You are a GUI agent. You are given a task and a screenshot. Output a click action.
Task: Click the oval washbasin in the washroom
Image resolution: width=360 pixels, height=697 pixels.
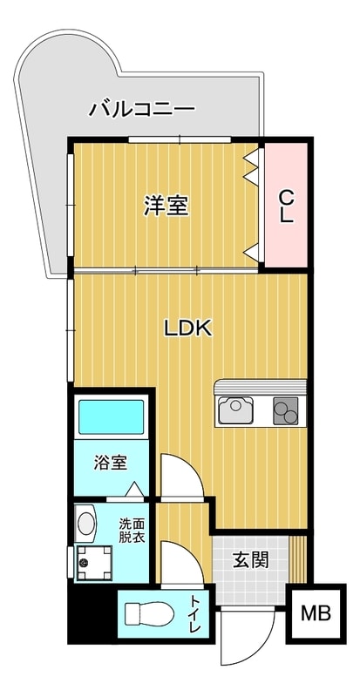coord(85,523)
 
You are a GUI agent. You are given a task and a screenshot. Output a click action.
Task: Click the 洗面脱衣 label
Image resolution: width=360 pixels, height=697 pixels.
coord(132,531)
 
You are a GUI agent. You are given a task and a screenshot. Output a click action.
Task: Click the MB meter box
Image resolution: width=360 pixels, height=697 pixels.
coord(316,613)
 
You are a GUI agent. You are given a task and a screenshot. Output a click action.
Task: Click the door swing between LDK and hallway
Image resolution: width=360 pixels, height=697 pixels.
coord(183,477)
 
